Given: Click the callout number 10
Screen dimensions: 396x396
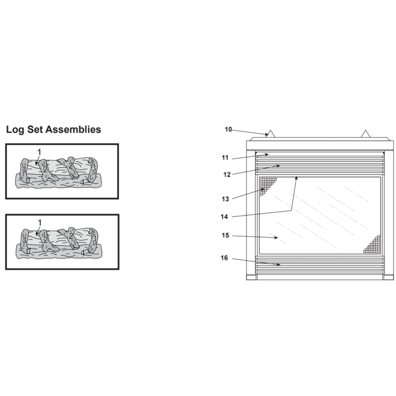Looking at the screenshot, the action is click(228, 129).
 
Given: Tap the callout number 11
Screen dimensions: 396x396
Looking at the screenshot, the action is click(225, 158).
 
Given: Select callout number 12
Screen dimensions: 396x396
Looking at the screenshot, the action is click(227, 175).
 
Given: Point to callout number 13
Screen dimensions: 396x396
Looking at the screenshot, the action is click(225, 199).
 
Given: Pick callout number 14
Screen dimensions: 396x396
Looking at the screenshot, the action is click(224, 217).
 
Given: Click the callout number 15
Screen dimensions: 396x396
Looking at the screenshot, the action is click(225, 235).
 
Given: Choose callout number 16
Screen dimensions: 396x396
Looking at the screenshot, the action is click(224, 258).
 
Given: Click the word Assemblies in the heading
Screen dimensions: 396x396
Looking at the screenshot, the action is click(74, 129).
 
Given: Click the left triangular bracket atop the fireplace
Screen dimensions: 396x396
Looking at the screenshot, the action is click(270, 134).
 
